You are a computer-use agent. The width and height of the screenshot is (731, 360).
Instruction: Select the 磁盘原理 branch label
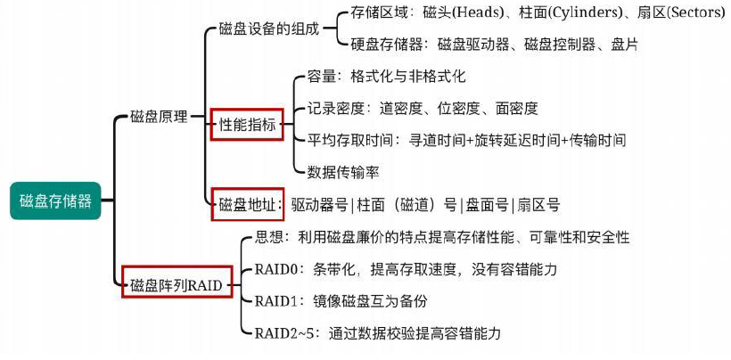(x=159, y=117)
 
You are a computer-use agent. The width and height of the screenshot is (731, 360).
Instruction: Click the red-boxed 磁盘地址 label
(x=246, y=204)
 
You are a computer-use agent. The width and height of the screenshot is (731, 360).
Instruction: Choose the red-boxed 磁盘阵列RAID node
(x=176, y=285)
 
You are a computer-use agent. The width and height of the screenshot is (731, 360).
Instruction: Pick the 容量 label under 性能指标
(x=322, y=78)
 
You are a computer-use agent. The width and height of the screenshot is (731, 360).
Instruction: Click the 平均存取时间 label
(x=352, y=140)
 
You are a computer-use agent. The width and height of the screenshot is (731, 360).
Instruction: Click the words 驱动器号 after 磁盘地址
(x=322, y=205)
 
